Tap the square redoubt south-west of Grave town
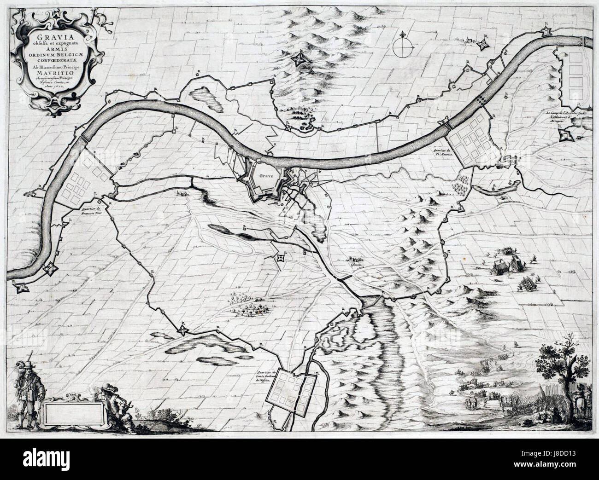click(x=279, y=259)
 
